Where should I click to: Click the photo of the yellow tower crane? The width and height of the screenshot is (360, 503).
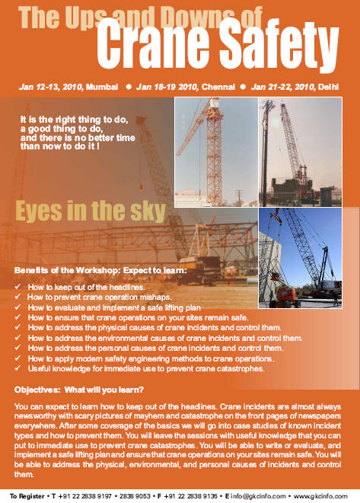(215, 144)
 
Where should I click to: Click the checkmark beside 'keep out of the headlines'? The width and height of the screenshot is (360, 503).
(18, 286)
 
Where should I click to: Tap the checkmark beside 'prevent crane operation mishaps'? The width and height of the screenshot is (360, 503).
(18, 296)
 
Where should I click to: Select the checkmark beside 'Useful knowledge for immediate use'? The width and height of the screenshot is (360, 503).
(18, 368)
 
